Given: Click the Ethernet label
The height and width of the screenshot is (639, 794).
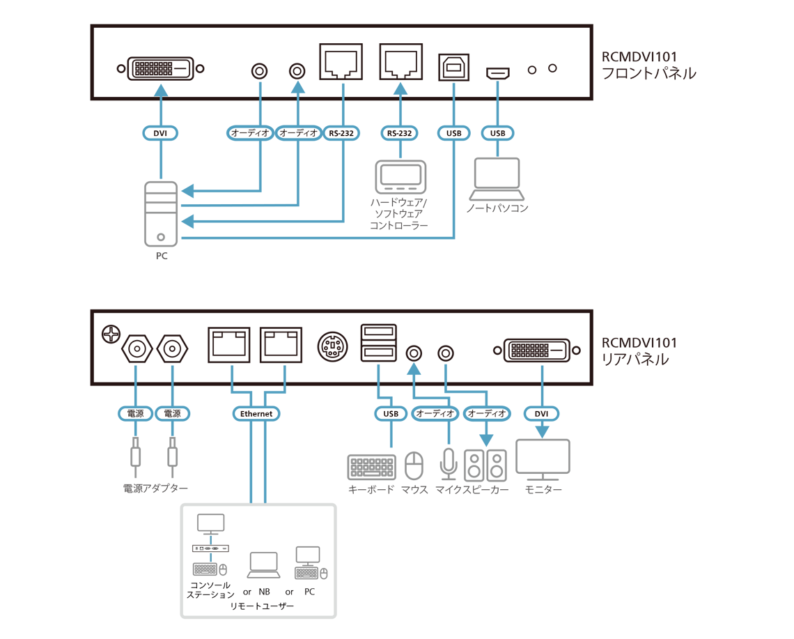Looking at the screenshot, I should pos(256,414).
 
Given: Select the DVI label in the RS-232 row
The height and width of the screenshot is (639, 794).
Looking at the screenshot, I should pos(160,133).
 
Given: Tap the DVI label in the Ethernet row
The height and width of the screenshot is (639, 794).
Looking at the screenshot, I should pos(541,413).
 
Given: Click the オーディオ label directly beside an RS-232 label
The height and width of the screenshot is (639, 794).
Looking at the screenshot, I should pos(298,133).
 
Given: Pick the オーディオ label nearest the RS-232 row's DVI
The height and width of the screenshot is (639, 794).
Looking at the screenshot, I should pos(250,133).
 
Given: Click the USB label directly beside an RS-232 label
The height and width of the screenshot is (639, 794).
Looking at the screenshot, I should pos(454,133).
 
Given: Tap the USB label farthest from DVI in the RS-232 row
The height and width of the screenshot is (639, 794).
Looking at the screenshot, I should pos(497,133).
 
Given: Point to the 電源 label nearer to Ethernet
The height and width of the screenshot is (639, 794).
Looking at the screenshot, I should pos(173,413).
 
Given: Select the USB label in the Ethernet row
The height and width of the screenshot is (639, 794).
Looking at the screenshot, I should pos(391,413).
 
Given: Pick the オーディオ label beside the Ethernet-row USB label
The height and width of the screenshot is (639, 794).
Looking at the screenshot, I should pos(435,413).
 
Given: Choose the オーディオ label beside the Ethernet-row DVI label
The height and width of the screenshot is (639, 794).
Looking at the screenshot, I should pos(487,413).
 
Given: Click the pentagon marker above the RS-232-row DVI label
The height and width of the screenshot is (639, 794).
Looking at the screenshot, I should pos(162,89).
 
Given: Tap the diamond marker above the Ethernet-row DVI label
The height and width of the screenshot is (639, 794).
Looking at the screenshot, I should pos(543,373).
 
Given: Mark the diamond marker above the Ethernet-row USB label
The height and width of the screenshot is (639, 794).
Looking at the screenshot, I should pos(378,373).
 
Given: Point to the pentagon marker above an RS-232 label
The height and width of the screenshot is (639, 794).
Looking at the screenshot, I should pos(400,88).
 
